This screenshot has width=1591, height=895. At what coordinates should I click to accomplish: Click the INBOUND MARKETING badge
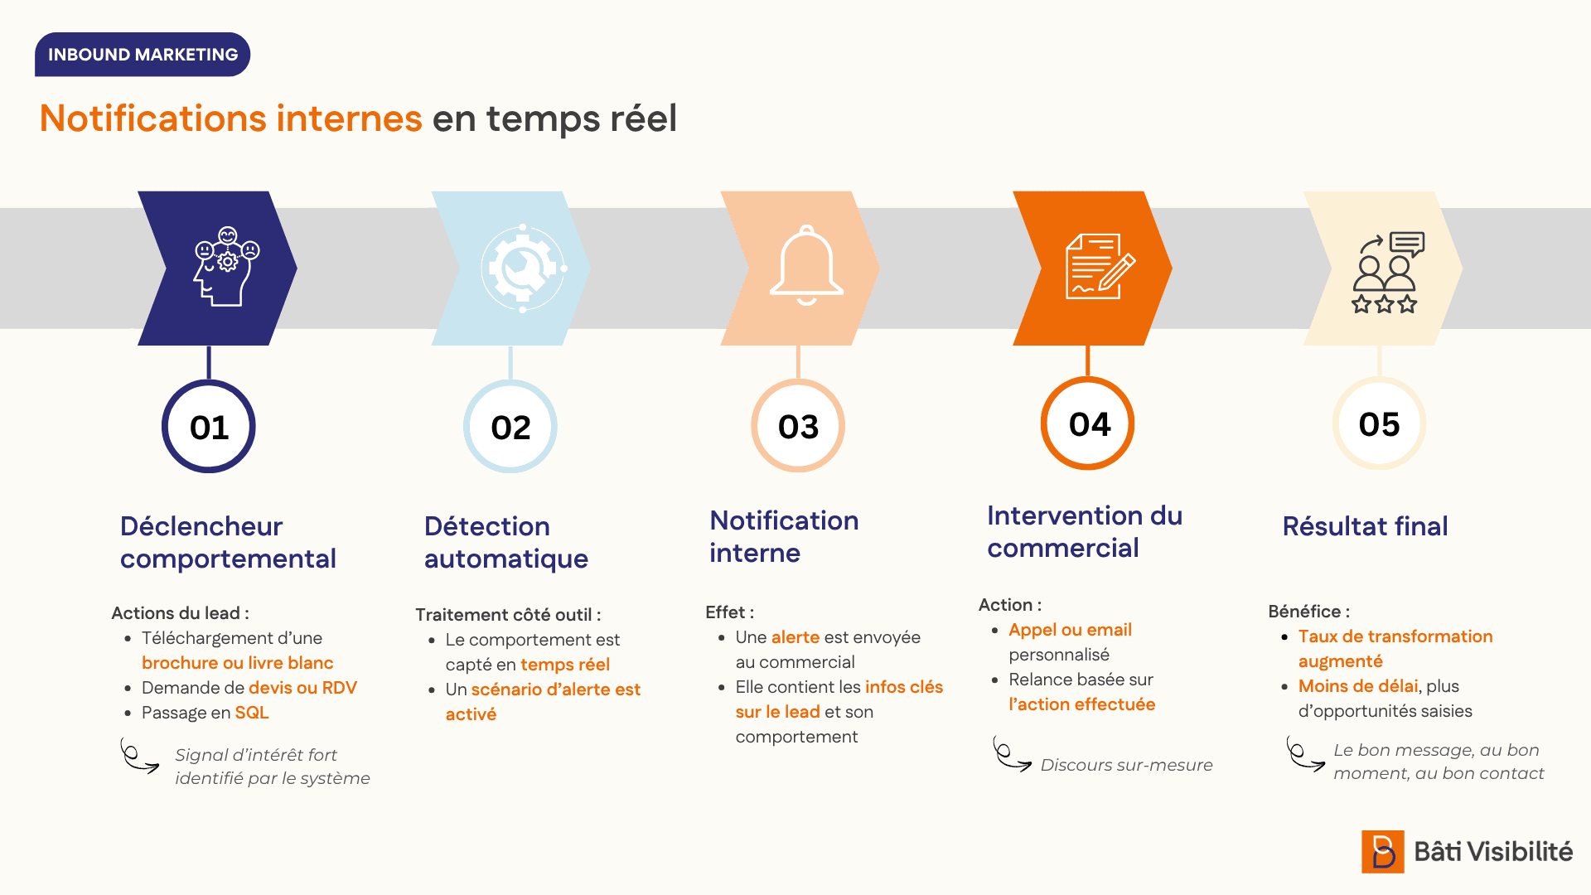[x=143, y=55]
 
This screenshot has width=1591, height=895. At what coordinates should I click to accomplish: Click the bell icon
[x=806, y=265]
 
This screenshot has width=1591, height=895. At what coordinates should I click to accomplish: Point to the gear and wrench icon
[x=524, y=268]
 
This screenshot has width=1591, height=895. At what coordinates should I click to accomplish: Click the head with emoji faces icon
[x=226, y=266]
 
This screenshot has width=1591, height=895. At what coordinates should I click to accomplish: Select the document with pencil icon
[x=1100, y=266]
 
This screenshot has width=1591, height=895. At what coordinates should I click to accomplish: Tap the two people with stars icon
[x=1387, y=272]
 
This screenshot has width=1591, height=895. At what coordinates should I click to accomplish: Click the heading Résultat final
[x=1365, y=526]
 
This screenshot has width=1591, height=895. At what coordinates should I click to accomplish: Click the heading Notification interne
[x=784, y=536]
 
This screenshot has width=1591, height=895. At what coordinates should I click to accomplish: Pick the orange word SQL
[x=252, y=713]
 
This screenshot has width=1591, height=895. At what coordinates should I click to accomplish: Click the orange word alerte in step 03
[x=795, y=637]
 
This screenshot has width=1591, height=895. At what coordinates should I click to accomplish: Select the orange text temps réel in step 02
[x=565, y=665]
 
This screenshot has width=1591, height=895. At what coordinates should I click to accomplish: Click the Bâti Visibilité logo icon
[x=1383, y=852]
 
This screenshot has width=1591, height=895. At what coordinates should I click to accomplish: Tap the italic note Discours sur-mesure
[x=1126, y=765]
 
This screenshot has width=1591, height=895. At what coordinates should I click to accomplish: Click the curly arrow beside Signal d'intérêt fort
[x=139, y=756]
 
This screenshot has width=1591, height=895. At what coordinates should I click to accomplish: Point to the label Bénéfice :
[x=1308, y=612]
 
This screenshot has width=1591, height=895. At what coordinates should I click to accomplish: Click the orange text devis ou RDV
[x=302, y=688]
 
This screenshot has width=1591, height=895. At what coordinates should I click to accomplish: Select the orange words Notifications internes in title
[x=231, y=118]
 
